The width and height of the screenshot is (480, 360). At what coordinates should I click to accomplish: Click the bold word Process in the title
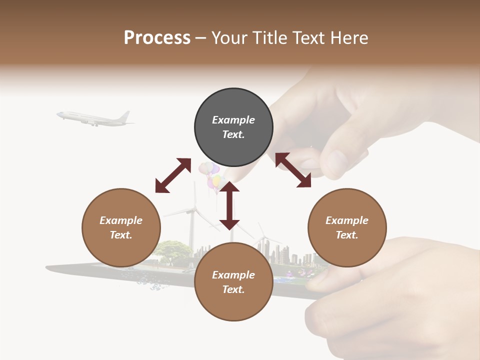[x=157, y=37]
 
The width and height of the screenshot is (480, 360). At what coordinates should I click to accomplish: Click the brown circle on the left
[x=121, y=227]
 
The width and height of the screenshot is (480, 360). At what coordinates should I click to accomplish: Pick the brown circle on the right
[x=347, y=227]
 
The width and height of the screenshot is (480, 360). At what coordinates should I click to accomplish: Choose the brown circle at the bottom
[x=233, y=282]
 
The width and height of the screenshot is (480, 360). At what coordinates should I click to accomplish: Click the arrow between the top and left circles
[x=173, y=175]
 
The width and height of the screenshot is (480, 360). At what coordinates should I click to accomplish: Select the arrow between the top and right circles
[x=293, y=170]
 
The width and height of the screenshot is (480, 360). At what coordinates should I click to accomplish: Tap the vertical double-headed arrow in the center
[x=229, y=205]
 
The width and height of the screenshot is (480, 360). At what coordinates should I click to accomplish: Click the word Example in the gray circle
[x=233, y=120]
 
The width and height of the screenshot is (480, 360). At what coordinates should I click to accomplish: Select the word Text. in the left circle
[x=121, y=235]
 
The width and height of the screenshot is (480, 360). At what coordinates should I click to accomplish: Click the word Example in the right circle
[x=347, y=220]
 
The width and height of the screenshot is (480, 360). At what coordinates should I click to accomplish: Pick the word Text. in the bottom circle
[x=233, y=289]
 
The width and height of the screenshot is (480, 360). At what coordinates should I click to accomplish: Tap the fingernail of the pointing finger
[x=336, y=162]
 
